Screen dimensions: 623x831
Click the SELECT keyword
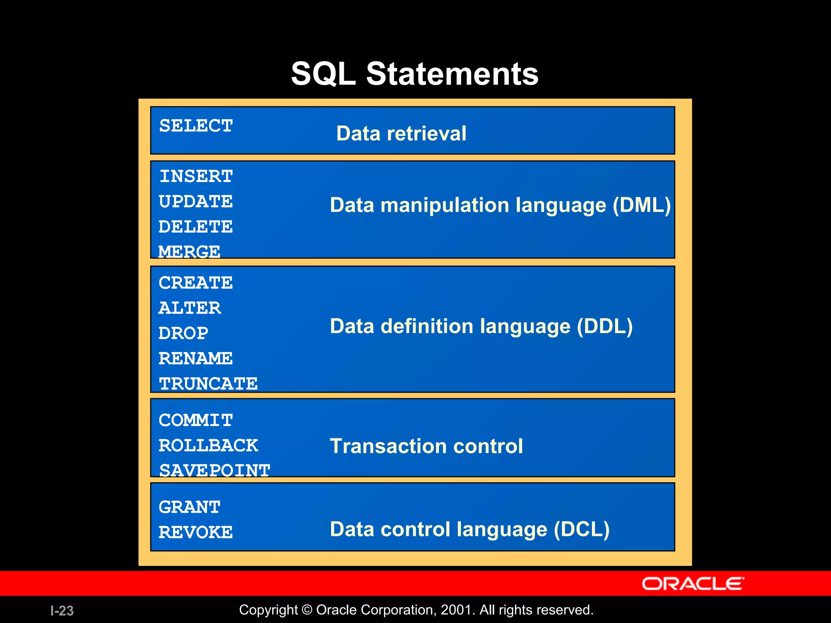(196, 126)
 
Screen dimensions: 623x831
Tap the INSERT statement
(196, 176)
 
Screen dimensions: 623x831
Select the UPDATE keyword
(196, 202)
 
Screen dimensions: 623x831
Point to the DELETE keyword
(196, 227)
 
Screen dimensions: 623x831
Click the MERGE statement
(189, 252)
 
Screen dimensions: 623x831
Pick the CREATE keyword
(196, 283)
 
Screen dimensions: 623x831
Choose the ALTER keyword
(189, 308)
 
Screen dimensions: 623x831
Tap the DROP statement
(183, 333)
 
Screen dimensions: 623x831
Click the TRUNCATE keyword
(208, 384)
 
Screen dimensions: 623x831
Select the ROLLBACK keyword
(208, 445)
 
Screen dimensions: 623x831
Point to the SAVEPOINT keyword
(215, 470)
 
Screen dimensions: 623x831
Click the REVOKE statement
(196, 532)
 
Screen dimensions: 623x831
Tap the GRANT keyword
(189, 507)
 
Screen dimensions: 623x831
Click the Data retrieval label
(401, 133)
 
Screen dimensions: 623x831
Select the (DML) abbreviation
(642, 205)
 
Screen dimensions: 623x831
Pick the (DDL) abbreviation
(605, 327)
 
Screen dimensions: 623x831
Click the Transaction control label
(426, 446)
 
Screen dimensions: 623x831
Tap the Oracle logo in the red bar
(693, 584)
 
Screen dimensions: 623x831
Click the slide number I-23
(62, 610)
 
